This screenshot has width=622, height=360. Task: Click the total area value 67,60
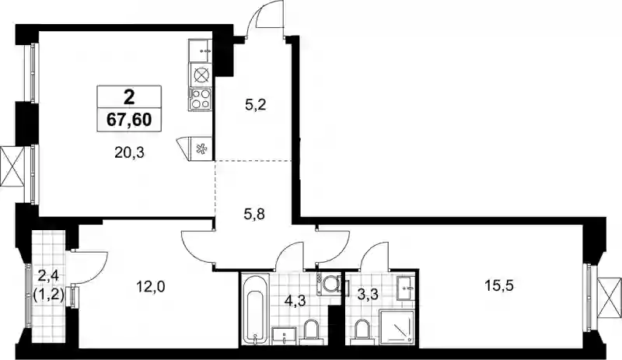(x=129, y=119)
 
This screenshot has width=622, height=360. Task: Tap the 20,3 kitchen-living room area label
(x=129, y=153)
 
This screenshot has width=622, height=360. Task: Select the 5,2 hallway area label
(x=255, y=106)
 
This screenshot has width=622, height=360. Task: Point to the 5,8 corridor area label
(x=255, y=215)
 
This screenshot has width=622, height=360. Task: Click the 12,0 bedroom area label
(x=150, y=285)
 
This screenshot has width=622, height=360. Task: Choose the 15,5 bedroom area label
(x=499, y=285)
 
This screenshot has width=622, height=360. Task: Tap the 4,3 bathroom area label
(x=295, y=300)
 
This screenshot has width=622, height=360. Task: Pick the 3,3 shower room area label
(x=367, y=294)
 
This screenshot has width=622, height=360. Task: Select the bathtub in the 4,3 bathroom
(x=254, y=310)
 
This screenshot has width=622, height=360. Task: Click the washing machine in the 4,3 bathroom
(x=327, y=284)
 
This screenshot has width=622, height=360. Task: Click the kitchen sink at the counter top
(x=201, y=51)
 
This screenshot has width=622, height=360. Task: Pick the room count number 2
(x=129, y=96)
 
